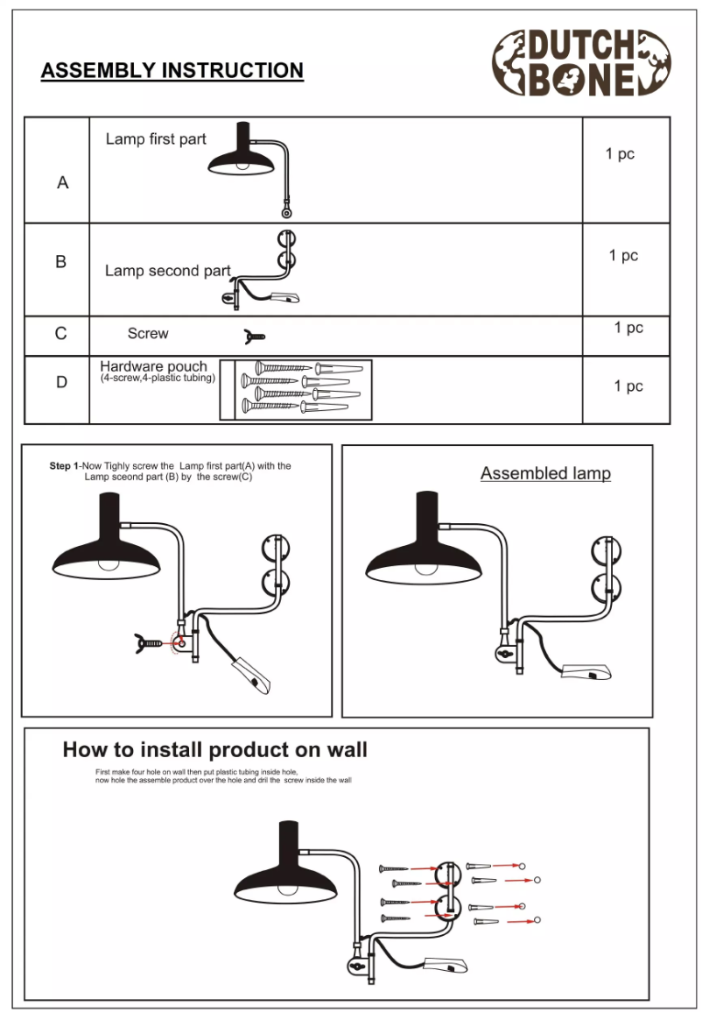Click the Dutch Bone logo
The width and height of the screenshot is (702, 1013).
click(581, 62)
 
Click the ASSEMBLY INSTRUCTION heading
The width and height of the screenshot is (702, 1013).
click(172, 71)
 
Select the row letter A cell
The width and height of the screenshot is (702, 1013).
click(62, 183)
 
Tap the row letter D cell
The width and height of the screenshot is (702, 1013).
click(61, 383)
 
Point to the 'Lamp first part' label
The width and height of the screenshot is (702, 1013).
click(156, 139)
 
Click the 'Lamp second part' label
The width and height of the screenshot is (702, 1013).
click(167, 271)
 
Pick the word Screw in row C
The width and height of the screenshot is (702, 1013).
click(148, 334)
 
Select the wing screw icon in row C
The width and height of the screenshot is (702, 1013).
click(254, 336)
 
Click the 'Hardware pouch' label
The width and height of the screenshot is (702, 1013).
click(153, 366)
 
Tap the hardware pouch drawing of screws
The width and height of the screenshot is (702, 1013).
click(296, 388)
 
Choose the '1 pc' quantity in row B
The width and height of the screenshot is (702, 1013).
click(623, 256)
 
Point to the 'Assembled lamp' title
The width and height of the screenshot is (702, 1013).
click(545, 474)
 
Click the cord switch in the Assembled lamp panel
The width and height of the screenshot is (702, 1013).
click(587, 673)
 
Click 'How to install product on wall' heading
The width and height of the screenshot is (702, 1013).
click(214, 750)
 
